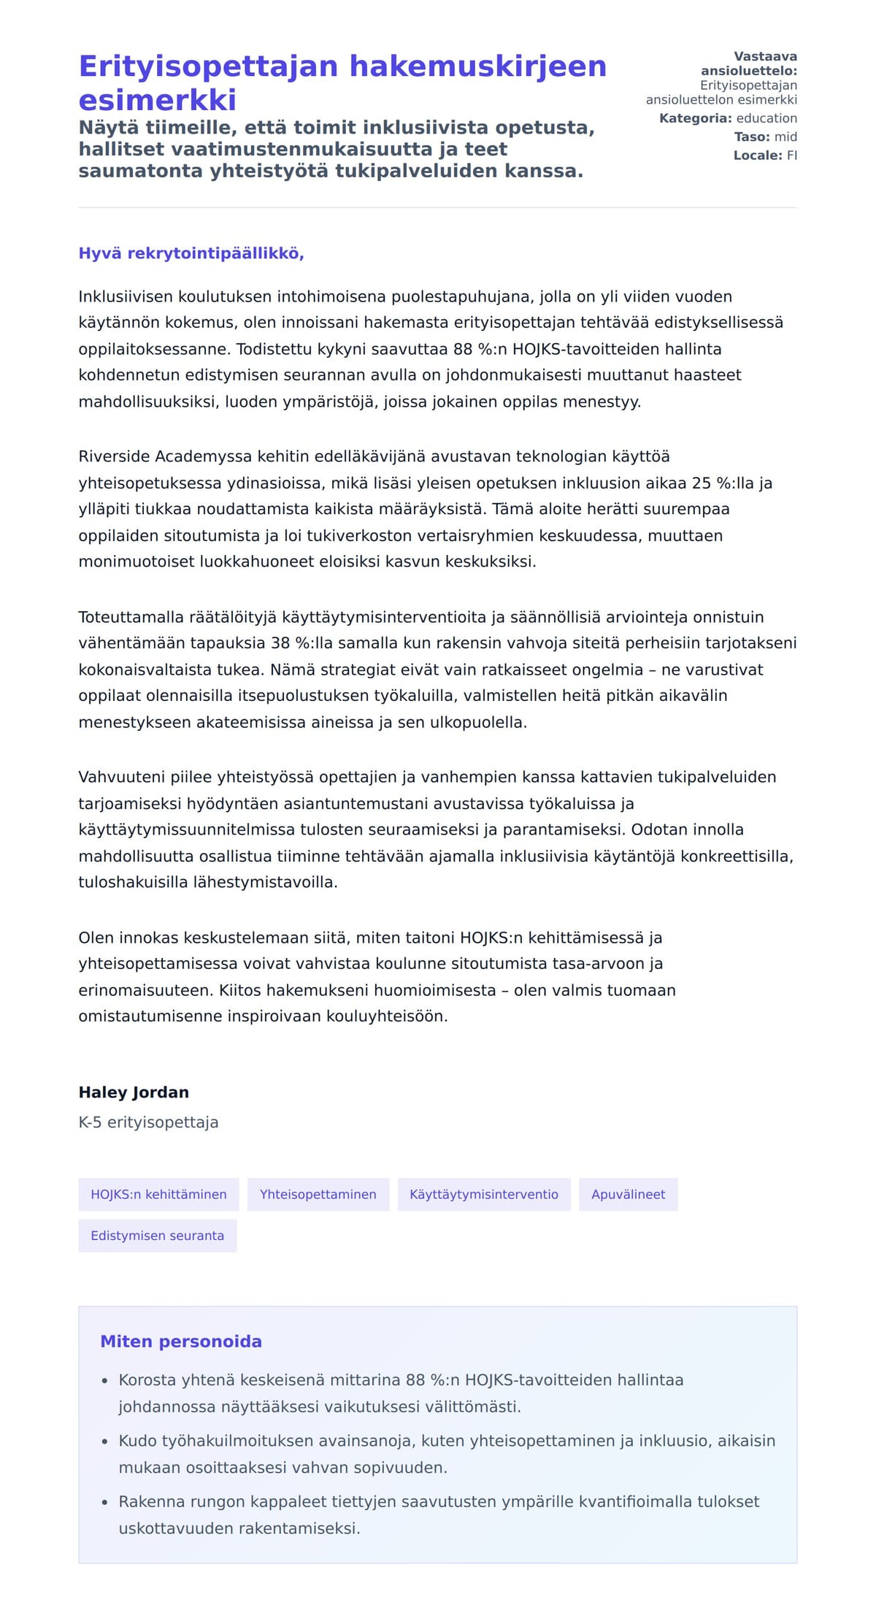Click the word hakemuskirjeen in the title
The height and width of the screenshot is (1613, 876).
478,66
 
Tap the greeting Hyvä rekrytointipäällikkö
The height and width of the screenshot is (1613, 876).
191,253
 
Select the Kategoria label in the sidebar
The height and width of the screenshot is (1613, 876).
695,118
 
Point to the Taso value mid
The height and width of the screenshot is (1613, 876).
785,137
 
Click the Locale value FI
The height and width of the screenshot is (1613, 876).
791,156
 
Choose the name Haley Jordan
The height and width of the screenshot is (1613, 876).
134,1092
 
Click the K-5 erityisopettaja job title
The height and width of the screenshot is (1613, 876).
148,1122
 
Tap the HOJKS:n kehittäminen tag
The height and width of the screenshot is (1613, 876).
158,1195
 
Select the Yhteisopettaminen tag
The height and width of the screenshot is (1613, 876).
318,1195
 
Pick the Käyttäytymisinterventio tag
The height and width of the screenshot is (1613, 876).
484,1195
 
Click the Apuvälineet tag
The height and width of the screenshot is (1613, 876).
628,1195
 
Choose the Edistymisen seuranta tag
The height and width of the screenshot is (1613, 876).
157,1235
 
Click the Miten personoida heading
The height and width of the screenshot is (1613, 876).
181,1341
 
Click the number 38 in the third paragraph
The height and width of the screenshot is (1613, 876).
280,643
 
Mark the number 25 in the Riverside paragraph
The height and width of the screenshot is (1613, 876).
701,483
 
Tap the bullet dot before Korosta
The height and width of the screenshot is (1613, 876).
104,1381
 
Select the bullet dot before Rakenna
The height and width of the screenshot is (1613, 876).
104,1502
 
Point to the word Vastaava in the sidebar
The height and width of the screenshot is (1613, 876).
765,56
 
